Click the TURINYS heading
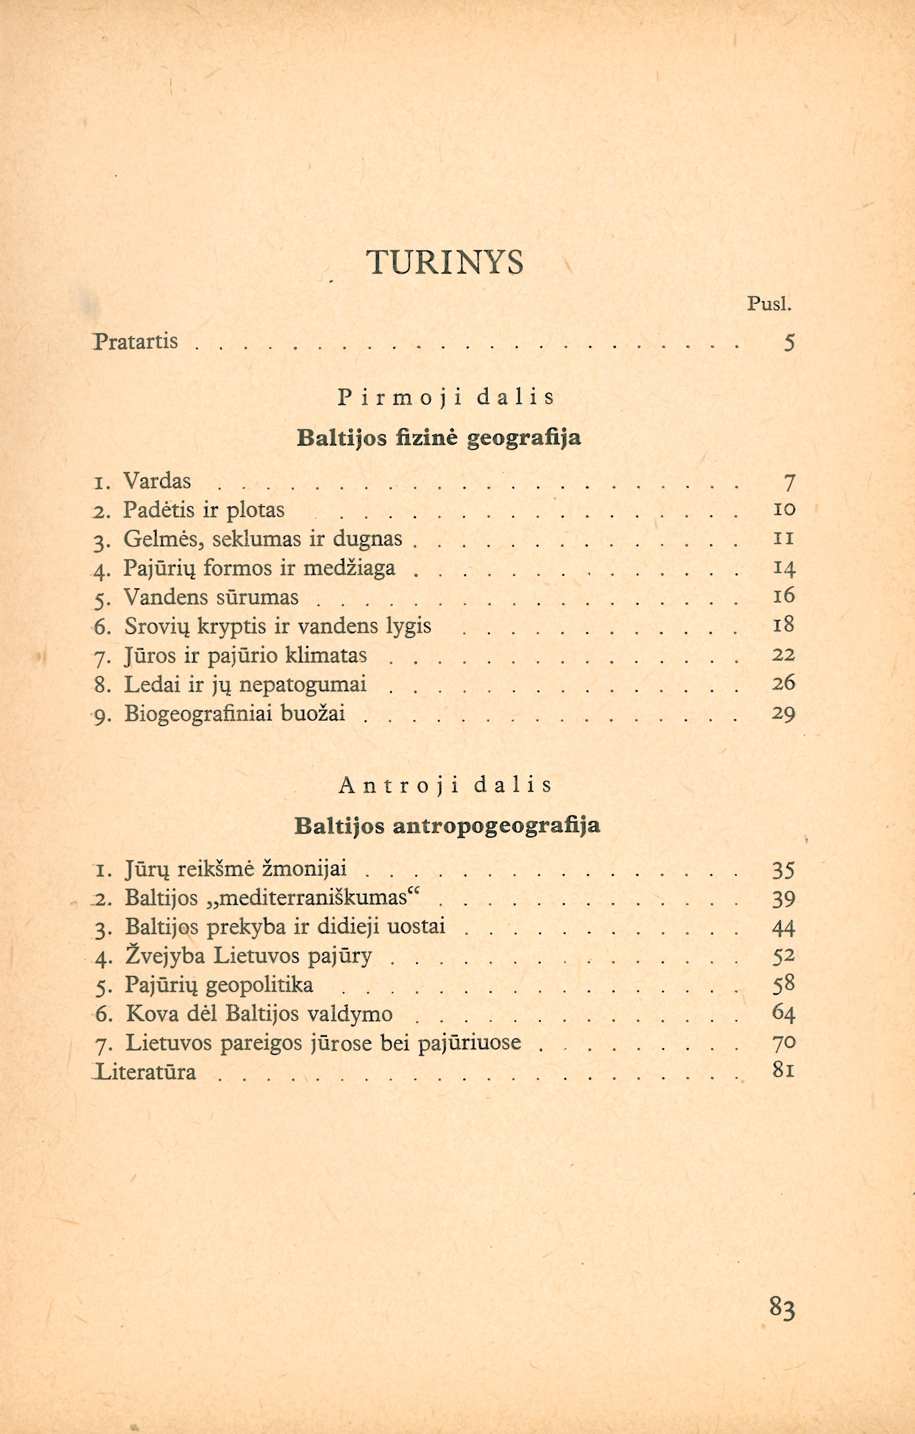point(445,262)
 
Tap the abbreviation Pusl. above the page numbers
point(769,305)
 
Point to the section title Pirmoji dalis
point(446,398)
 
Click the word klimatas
point(327,655)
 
